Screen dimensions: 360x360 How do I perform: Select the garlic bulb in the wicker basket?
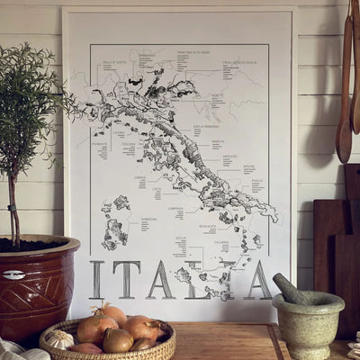tap(58, 338)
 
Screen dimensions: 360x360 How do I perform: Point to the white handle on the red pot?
tap(13, 274)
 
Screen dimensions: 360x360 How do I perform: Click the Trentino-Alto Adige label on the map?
tap(193, 53)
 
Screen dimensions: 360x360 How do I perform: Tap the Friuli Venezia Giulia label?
tap(240, 61)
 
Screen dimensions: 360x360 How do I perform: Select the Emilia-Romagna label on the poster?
tap(193, 127)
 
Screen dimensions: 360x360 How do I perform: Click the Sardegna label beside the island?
tap(148, 218)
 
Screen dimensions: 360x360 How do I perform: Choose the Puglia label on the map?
tap(256, 180)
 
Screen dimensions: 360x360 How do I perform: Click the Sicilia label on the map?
tap(181, 238)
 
